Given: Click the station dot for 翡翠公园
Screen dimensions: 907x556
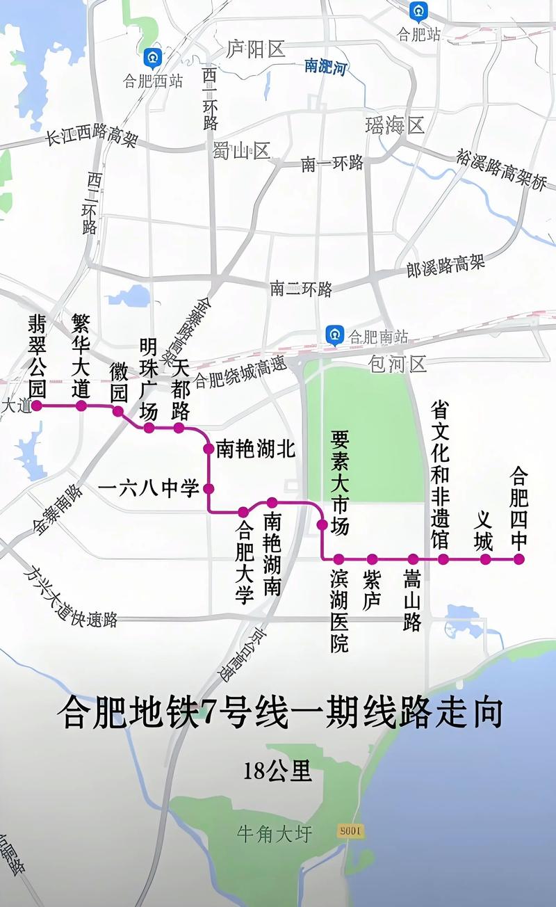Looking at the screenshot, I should (38, 405).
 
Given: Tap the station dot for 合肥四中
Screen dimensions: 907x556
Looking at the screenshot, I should (518, 559).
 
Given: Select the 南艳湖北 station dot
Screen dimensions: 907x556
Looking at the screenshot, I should (208, 449).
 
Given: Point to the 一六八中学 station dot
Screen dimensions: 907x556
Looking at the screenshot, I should (208, 488).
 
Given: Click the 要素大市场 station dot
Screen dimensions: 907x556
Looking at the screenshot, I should (322, 524).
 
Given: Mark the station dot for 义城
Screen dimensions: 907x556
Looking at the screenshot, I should (486, 559).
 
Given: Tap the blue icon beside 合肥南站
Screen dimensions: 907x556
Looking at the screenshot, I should (336, 335).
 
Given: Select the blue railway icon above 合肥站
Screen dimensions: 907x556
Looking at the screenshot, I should (418, 11).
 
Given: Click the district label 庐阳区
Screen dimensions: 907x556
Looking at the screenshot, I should (256, 49).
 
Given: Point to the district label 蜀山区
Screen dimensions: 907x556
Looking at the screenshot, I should (242, 150).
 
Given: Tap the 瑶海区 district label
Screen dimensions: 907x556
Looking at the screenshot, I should (395, 125).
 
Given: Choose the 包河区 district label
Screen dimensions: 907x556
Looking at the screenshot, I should (398, 363).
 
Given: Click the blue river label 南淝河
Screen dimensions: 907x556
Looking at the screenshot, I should (325, 67).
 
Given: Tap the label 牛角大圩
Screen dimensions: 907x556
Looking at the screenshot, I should (275, 833).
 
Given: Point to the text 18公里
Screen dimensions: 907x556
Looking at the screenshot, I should (277, 771).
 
